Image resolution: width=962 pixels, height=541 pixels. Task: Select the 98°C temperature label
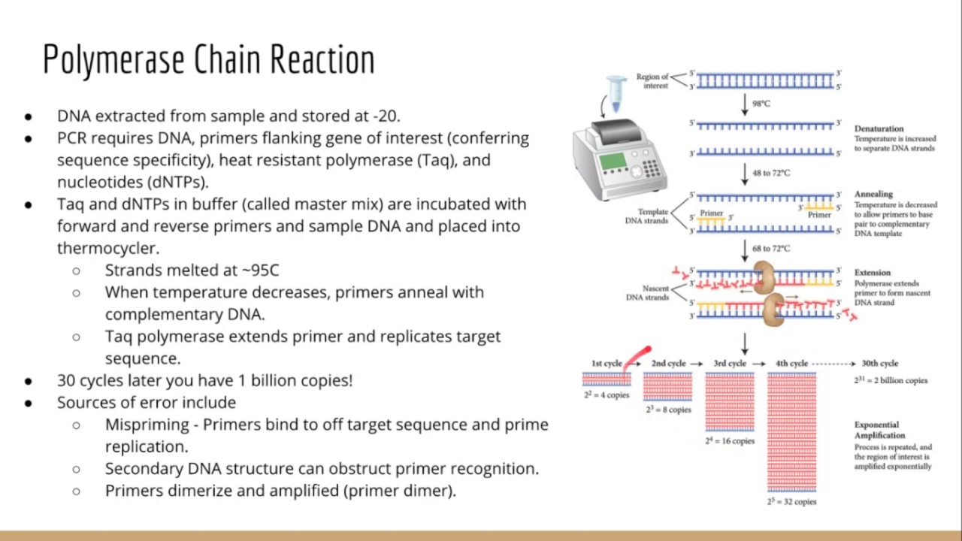pos(761,104)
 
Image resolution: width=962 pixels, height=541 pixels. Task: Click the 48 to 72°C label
pos(771,173)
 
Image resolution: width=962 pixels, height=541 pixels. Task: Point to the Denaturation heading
pos(879,128)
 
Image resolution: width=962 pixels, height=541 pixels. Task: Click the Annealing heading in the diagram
pos(873,194)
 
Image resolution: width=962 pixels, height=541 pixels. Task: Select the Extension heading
pos(872,272)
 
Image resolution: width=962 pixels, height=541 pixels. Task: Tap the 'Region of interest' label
pos(652,81)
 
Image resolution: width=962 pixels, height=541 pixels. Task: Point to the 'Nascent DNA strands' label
pos(646,293)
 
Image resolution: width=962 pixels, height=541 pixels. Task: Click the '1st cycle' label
pos(606,364)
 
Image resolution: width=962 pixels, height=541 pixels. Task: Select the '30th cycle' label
pos(879,364)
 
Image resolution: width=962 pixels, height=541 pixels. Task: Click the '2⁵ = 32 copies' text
pos(791,501)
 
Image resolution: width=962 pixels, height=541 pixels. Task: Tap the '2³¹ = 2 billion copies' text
pos(890,380)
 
